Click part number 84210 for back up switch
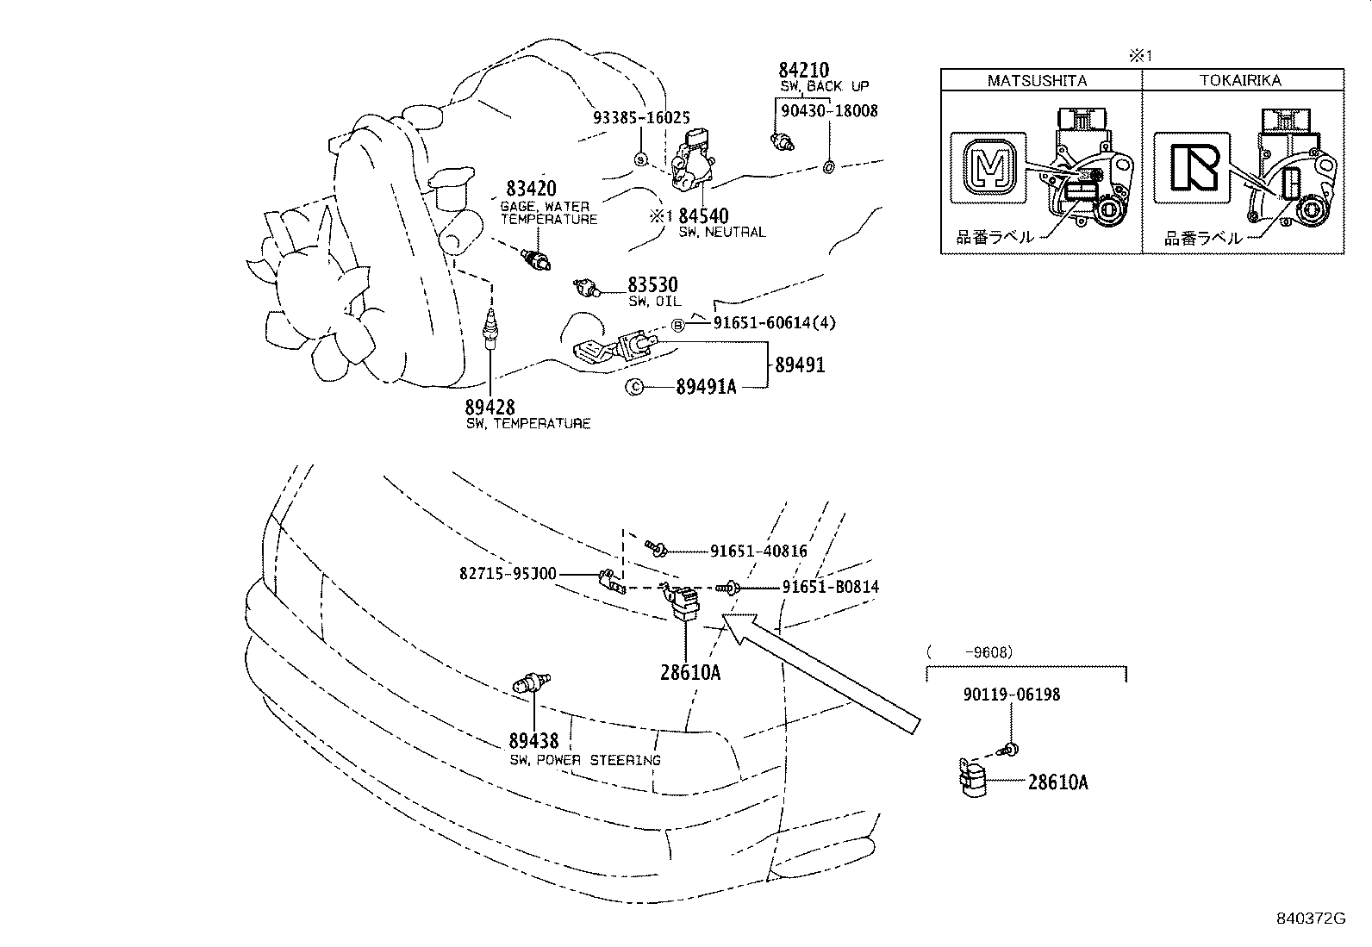803,70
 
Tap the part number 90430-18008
829,110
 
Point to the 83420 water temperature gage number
531,189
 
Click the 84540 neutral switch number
703,215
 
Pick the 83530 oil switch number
652,284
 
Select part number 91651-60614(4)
774,323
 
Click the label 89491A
706,388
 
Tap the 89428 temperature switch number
490,408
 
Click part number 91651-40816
758,551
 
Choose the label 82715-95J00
508,574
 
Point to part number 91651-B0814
830,587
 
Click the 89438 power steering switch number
533,740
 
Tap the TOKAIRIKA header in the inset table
1240,80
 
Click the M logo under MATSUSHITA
988,167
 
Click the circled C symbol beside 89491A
633,388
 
